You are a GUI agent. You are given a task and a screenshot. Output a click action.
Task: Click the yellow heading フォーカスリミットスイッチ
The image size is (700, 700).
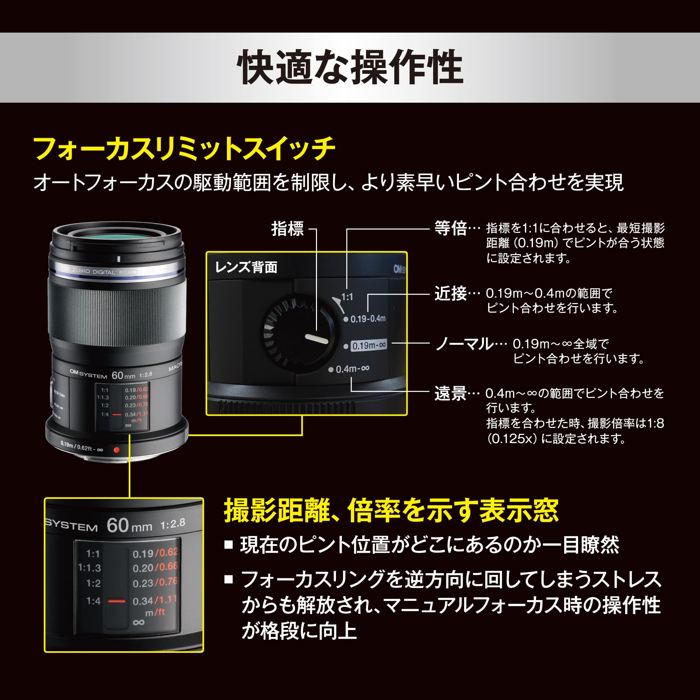184,149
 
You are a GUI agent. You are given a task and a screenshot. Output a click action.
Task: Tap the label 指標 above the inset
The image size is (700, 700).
287,229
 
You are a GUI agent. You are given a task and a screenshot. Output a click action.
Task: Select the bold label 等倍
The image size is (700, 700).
450,229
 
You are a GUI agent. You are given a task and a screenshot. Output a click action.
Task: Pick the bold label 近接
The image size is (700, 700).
450,294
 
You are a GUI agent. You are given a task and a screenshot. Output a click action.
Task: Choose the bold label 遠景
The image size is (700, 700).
450,394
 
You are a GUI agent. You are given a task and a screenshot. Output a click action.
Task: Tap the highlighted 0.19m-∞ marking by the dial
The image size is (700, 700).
369,345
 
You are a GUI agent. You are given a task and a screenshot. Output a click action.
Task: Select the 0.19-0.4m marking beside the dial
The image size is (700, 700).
367,319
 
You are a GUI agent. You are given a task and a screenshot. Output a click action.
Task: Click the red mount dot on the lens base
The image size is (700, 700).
116,450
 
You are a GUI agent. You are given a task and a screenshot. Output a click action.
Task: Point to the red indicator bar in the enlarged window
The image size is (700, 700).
116,601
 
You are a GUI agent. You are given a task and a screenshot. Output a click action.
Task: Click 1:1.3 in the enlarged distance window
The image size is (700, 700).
89,568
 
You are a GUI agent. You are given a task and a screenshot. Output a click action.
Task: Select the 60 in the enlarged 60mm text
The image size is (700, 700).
118,525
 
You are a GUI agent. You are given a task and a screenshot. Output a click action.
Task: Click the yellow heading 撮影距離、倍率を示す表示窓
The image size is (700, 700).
391,511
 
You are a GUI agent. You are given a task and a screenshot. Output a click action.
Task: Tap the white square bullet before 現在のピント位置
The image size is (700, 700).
228,545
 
